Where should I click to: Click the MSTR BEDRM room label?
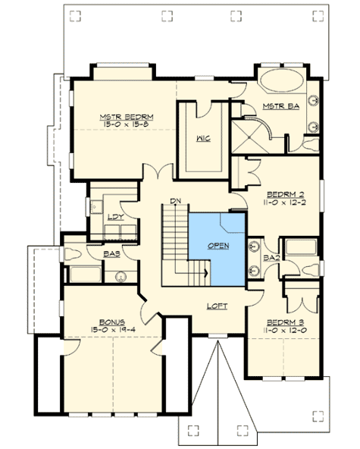[x=127, y=116]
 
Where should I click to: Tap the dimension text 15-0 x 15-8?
[x=127, y=124]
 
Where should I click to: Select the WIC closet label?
[x=202, y=139]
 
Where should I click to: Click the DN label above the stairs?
[x=174, y=200]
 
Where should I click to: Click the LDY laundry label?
[x=116, y=218]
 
